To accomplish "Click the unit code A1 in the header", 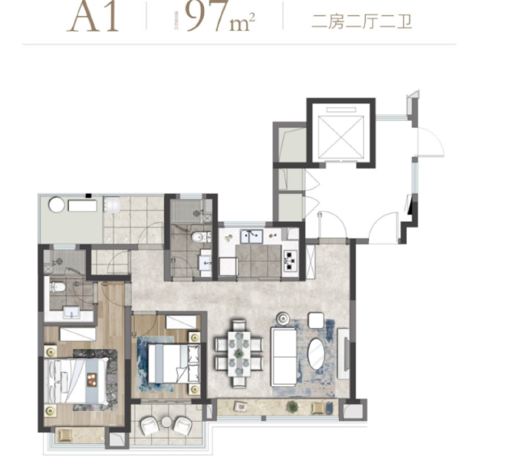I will (x=93, y=17).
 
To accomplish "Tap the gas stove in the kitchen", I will (x=291, y=261).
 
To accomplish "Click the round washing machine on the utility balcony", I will (x=56, y=205).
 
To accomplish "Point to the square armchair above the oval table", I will (x=315, y=320).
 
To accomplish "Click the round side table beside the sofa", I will (x=283, y=316).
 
